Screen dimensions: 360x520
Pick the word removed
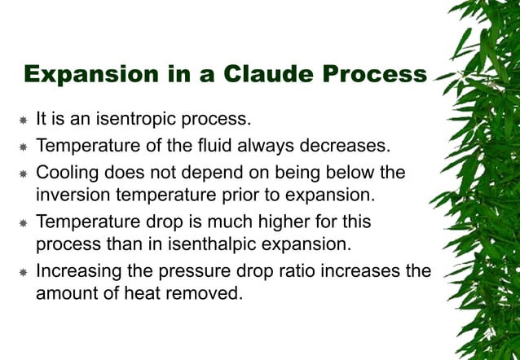(213, 292)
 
